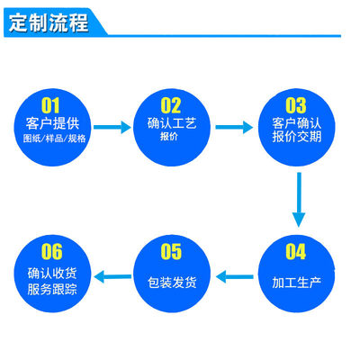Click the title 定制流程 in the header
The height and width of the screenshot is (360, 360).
tap(49, 22)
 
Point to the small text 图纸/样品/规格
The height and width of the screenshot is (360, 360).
tap(53, 139)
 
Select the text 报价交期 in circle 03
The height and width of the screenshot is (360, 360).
tap(296, 139)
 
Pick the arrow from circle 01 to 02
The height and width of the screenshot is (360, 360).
tap(112, 127)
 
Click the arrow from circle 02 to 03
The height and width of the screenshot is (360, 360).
tap(234, 127)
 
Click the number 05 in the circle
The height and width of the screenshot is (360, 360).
tap(170, 251)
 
